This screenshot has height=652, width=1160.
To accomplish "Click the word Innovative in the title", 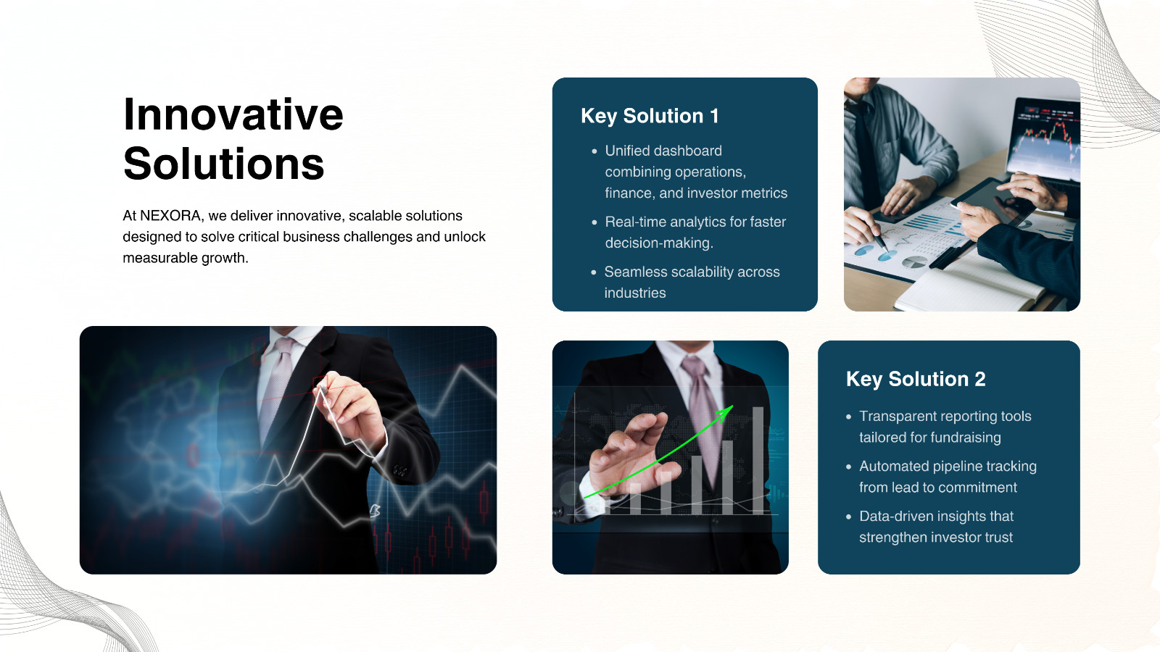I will pyautogui.click(x=233, y=114).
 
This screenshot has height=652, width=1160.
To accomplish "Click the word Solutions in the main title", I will pyautogui.click(x=223, y=164).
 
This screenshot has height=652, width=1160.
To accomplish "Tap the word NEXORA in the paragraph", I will pyautogui.click(x=170, y=216).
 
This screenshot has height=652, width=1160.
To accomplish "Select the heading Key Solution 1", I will pyautogui.click(x=650, y=116).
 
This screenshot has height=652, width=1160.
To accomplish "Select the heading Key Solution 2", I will pyautogui.click(x=916, y=379).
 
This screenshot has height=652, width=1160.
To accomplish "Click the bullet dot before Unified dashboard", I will pyautogui.click(x=594, y=151).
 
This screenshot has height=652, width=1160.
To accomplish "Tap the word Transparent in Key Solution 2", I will pyautogui.click(x=898, y=417).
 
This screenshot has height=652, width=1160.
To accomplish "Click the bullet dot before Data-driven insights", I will pyautogui.click(x=849, y=517).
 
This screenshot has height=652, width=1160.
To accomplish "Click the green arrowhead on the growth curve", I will pyautogui.click(x=726, y=411).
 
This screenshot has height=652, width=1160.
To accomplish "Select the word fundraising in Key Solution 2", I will pyautogui.click(x=966, y=438).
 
